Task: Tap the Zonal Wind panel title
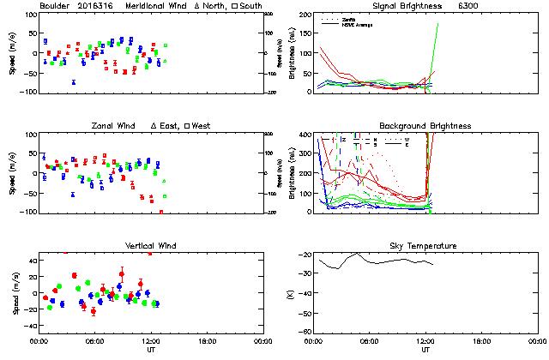click(x=113, y=126)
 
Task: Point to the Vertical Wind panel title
click(x=151, y=246)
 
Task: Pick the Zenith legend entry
click(x=348, y=18)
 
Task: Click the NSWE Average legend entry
click(x=354, y=23)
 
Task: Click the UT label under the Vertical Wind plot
click(x=151, y=350)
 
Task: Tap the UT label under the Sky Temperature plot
click(x=426, y=350)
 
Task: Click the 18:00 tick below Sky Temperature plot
click(x=482, y=340)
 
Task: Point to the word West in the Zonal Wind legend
click(x=202, y=126)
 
